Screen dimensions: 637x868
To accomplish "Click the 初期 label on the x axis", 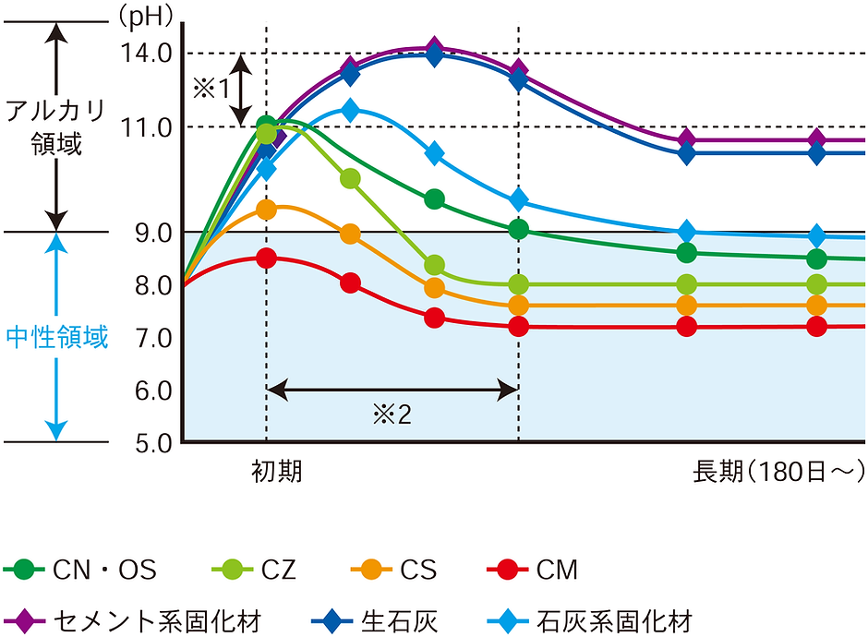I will [x=276, y=472].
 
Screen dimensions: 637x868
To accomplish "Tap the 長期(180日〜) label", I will [x=778, y=472].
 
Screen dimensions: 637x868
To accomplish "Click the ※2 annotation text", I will [x=392, y=415].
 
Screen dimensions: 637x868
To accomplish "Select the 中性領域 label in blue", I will [x=57, y=338].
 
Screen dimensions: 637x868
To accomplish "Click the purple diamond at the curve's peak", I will [x=435, y=49].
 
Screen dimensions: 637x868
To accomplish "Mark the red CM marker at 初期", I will [x=267, y=258].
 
